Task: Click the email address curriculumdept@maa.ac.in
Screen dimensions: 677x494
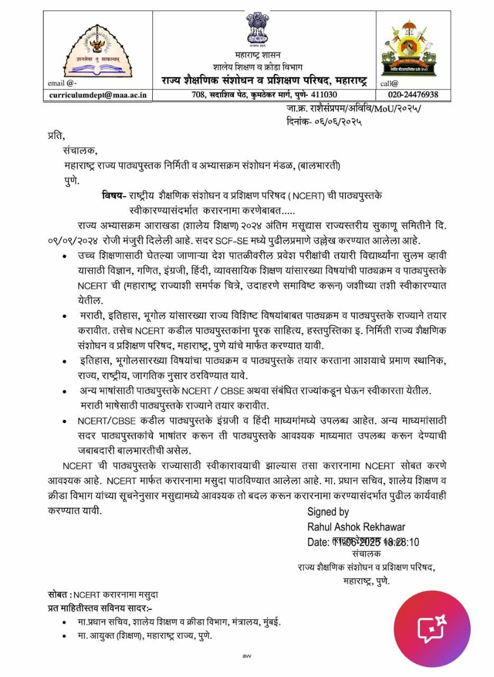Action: click(x=98, y=95)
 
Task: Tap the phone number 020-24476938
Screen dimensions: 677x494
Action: click(x=409, y=95)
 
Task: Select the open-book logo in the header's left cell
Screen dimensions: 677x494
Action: click(x=98, y=52)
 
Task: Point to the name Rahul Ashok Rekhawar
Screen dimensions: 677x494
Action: click(x=356, y=527)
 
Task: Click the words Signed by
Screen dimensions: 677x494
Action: click(x=328, y=511)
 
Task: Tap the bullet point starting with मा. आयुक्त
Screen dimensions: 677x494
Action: click(x=65, y=636)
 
